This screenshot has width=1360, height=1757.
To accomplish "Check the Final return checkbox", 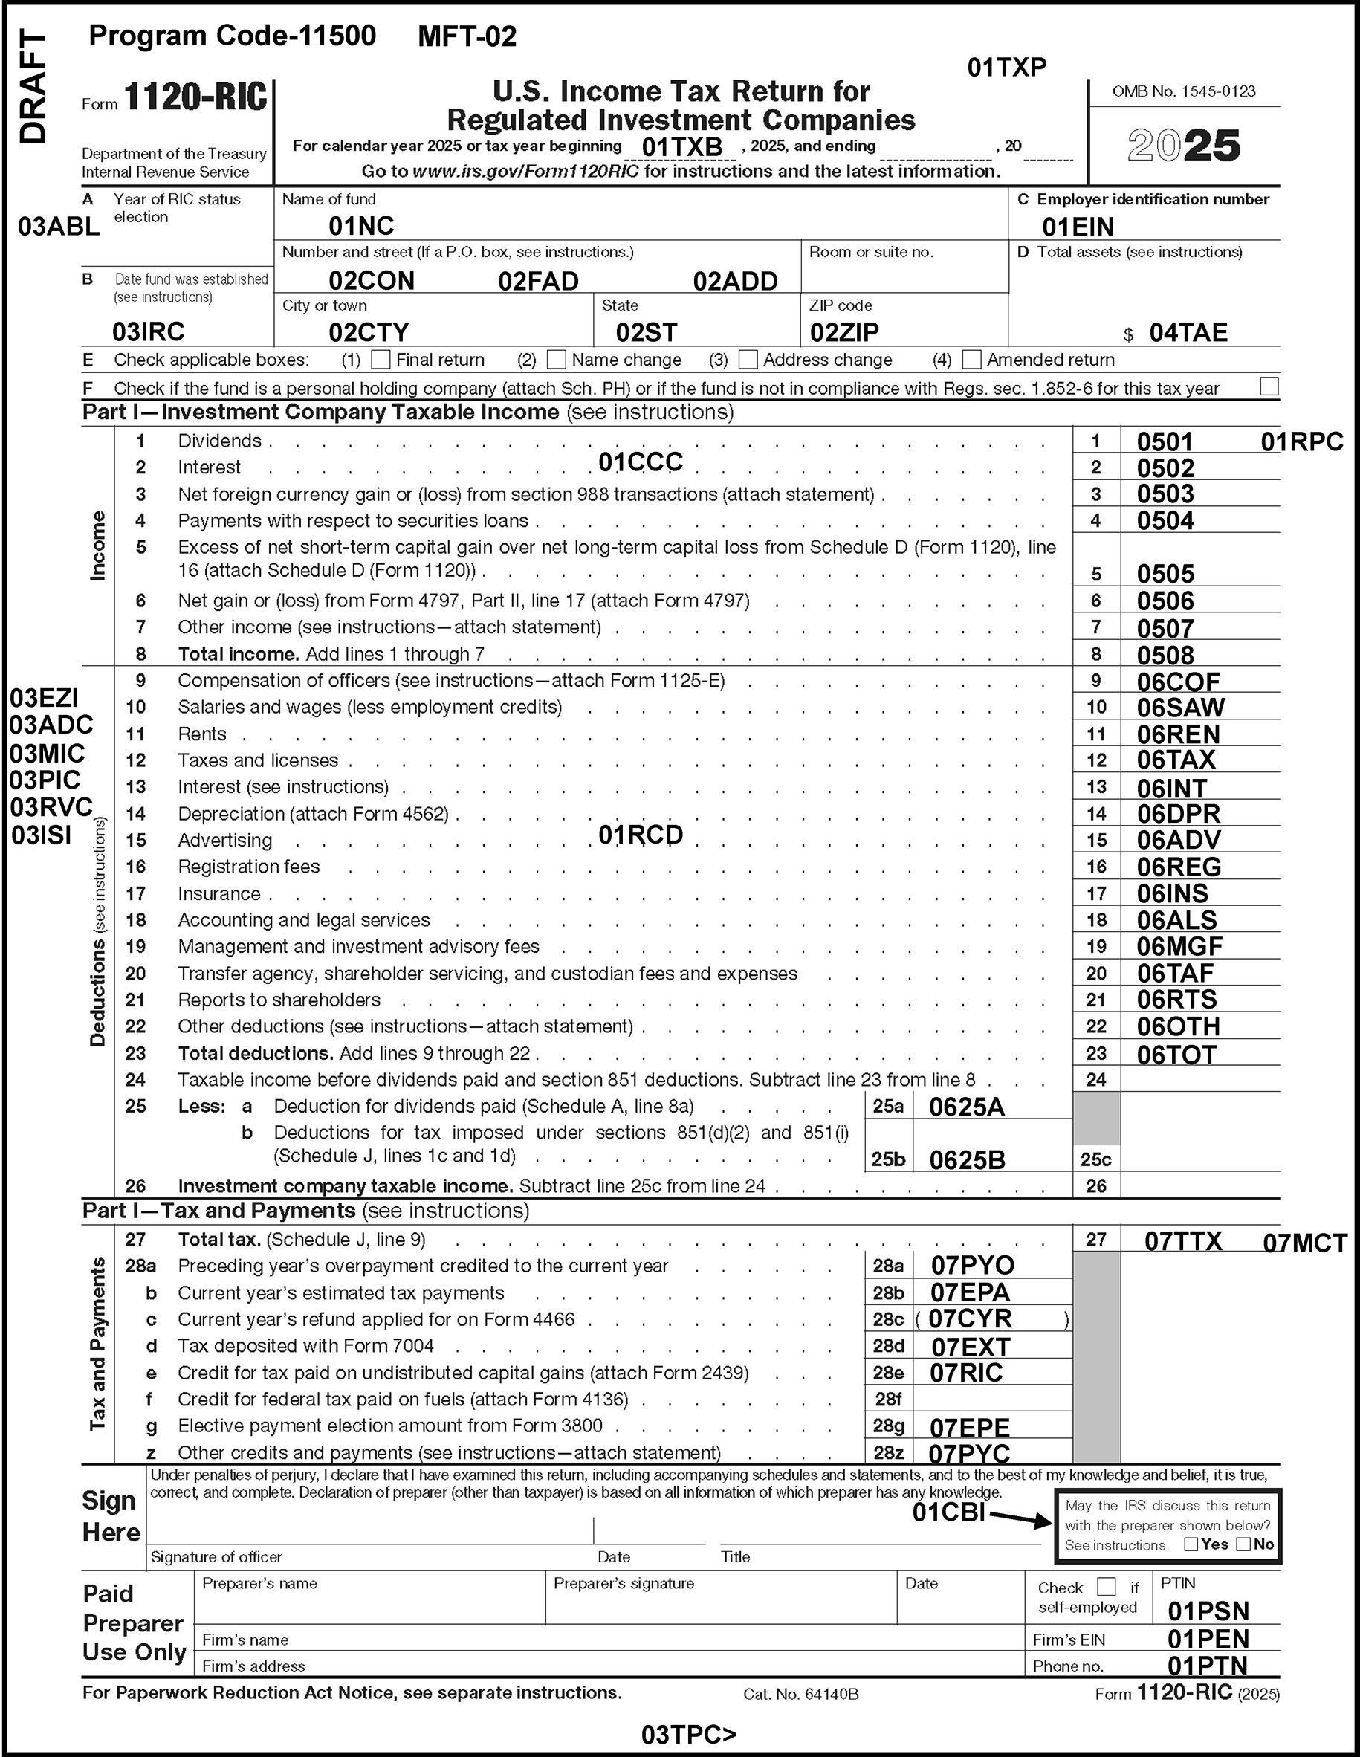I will pos(381,359).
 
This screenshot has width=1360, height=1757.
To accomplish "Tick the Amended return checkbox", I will pos(971,359).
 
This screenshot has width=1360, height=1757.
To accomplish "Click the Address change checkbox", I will pos(748,359).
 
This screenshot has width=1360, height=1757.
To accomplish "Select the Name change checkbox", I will pos(556,359).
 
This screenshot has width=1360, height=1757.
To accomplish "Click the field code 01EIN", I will pos(1078,227).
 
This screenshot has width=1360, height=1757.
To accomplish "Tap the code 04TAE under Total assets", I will pos(1188,332).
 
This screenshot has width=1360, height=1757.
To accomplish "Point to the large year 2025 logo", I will pos(1184,146).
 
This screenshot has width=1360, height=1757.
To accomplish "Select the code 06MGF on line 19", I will pos(1179,946).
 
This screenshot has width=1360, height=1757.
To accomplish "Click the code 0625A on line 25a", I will pos(967,1107).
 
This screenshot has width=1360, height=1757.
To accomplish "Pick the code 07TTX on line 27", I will pos(1183,1240).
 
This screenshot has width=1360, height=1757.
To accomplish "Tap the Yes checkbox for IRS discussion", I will pos(1191,1544).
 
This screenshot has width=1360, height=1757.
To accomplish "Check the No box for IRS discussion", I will pos(1243,1544).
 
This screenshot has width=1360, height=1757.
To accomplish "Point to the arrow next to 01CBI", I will pos(1021,1518).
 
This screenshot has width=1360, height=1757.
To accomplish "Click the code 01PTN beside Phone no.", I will pos(1207,1665).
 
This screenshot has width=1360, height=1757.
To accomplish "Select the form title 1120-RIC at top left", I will pos(195,98).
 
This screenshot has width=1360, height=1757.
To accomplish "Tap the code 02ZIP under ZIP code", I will pos(843,332).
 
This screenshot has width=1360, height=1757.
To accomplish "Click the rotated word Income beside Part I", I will pos(97,545).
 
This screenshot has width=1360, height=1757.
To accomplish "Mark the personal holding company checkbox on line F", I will pos(1269,386).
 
